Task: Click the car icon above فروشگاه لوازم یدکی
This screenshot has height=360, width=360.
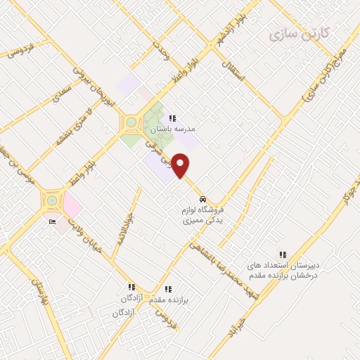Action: point(203,198)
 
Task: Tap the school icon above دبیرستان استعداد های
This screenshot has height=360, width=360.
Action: point(283,255)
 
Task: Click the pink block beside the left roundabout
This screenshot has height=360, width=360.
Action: point(73,206)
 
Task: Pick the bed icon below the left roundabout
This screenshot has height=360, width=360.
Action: point(52,222)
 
